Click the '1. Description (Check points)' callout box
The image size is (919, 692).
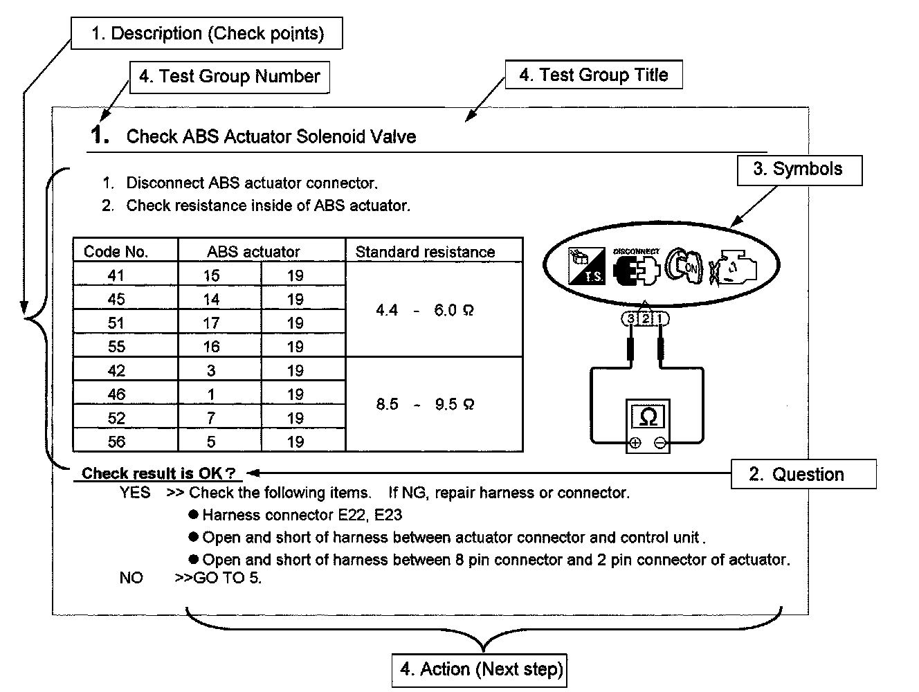(207, 33)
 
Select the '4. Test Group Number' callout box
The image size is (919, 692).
(230, 76)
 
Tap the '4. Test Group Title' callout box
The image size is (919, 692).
(594, 75)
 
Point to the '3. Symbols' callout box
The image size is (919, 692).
(798, 170)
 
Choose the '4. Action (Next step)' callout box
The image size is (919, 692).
(480, 669)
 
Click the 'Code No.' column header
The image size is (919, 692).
(116, 251)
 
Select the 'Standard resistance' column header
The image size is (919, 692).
(425, 252)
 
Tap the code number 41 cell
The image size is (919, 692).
(116, 275)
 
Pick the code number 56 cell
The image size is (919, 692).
(116, 441)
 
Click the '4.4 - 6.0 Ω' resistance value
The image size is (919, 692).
(425, 310)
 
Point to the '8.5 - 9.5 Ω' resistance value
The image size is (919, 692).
(425, 404)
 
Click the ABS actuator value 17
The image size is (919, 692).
(211, 323)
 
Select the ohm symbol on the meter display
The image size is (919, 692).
(648, 417)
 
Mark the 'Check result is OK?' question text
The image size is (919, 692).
(158, 473)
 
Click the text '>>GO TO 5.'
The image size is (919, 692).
(219, 578)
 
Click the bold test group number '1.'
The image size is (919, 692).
(100, 135)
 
